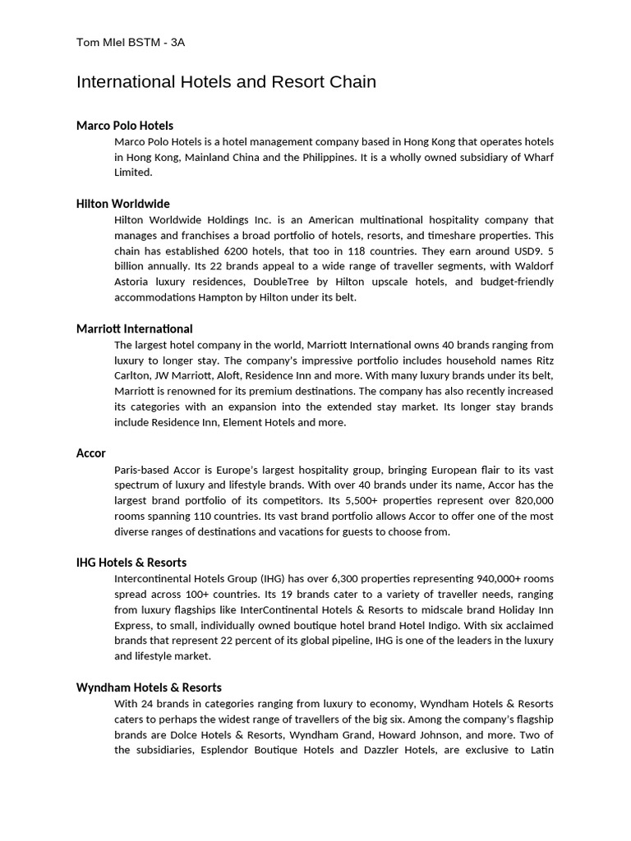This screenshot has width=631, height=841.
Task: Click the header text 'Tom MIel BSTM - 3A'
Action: (x=131, y=43)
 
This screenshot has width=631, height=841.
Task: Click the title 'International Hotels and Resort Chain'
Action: (x=226, y=82)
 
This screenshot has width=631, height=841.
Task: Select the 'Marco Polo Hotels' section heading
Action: (x=125, y=126)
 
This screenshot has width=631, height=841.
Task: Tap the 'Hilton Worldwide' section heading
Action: (x=123, y=204)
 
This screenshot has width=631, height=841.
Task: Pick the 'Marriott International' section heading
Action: (x=135, y=329)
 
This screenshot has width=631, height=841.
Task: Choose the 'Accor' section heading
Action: (x=91, y=453)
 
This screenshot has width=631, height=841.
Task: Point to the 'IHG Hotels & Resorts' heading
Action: (x=131, y=563)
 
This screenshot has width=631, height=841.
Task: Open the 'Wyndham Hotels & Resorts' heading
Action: (x=149, y=687)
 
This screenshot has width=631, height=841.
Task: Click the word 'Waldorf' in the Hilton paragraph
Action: (x=533, y=266)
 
